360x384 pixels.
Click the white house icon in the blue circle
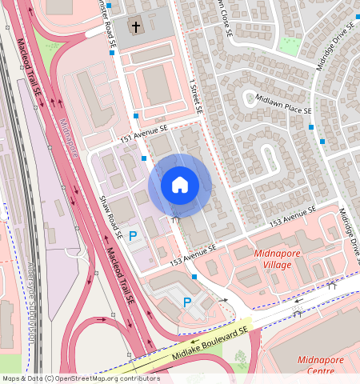tap(180, 185)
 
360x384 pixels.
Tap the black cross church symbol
tap(135, 27)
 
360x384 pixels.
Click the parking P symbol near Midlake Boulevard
tap(186, 302)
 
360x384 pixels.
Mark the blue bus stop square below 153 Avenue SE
tap(194, 277)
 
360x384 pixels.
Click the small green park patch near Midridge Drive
tap(290, 46)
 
